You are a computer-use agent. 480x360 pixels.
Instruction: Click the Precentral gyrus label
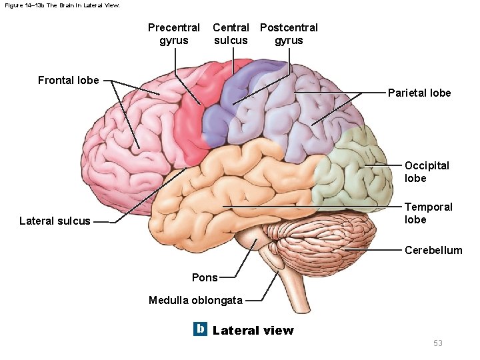pyautogui.click(x=173, y=34)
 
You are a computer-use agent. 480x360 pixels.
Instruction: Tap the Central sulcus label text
pyautogui.click(x=231, y=34)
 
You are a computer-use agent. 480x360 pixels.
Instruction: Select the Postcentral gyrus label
pyautogui.click(x=289, y=34)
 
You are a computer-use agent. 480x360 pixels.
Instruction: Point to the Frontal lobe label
pyautogui.click(x=68, y=81)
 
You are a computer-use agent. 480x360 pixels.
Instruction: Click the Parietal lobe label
pyautogui.click(x=419, y=93)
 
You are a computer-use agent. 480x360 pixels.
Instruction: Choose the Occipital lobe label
pyautogui.click(x=427, y=171)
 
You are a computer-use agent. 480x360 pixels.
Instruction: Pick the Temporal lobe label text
pyautogui.click(x=428, y=213)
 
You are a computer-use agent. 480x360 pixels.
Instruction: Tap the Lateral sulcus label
pyautogui.click(x=55, y=221)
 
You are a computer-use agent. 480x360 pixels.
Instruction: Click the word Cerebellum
pyautogui.click(x=433, y=251)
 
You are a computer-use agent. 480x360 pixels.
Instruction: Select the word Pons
pyautogui.click(x=205, y=277)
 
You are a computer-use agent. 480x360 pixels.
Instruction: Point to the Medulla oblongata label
pyautogui.click(x=195, y=300)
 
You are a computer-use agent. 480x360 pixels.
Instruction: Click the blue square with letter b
pyautogui.click(x=200, y=329)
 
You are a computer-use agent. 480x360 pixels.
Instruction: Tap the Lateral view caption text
pyautogui.click(x=253, y=330)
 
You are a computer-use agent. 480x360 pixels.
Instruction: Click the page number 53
pyautogui.click(x=438, y=343)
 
